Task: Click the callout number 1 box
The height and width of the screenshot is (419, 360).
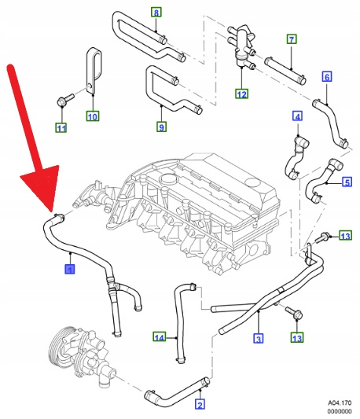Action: coord(70,269)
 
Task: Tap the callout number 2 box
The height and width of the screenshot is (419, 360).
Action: coord(200,404)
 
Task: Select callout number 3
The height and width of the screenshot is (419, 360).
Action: coord(258,339)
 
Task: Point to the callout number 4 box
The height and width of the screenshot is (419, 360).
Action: coord(297,116)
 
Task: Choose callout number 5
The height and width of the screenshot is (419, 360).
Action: coord(347,182)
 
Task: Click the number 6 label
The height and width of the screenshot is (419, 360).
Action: coord(327,77)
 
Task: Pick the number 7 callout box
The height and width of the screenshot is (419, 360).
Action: coord(292,39)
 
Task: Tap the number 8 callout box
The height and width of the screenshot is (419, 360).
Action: coord(156,12)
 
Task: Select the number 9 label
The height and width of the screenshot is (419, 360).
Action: coord(161,127)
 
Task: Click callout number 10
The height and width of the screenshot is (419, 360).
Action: coord(93,116)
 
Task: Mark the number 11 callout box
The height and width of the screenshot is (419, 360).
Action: coord(61,127)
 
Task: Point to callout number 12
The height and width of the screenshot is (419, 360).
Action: coord(242,94)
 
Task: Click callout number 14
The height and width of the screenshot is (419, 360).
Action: coord(160,337)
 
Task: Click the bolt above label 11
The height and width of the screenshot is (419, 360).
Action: coord(65,99)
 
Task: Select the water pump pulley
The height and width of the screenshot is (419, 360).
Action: coord(61,345)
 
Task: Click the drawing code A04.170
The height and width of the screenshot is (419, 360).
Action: coord(340,402)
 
